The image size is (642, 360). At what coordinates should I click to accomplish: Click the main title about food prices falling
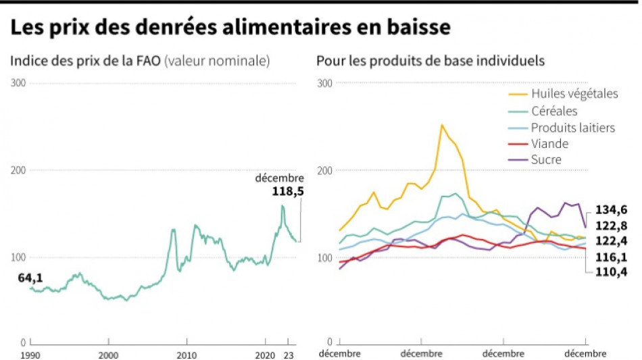click(x=230, y=28)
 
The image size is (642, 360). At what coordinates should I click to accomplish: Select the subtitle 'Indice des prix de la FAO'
click(x=84, y=61)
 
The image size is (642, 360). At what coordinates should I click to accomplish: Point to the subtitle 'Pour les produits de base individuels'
click(x=430, y=61)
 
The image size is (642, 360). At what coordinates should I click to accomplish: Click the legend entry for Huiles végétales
click(x=574, y=94)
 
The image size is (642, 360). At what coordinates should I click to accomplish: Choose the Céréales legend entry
click(x=554, y=111)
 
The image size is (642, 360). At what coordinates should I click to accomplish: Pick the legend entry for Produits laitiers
click(x=572, y=127)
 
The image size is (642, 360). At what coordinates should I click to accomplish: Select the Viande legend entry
click(x=549, y=144)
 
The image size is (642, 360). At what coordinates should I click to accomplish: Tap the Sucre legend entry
click(x=546, y=160)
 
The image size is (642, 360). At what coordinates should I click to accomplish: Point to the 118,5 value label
click(x=287, y=191)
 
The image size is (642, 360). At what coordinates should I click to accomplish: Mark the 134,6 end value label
click(x=611, y=209)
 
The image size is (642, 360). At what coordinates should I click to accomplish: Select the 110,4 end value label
click(x=611, y=272)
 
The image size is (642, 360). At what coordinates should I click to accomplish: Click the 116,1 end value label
click(x=611, y=257)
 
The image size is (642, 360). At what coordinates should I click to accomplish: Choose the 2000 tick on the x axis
click(x=109, y=354)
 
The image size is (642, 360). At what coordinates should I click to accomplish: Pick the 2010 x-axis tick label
click(x=187, y=354)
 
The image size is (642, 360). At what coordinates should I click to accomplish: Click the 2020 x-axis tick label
click(x=266, y=354)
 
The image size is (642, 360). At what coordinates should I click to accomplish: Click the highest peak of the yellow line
click(x=441, y=125)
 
